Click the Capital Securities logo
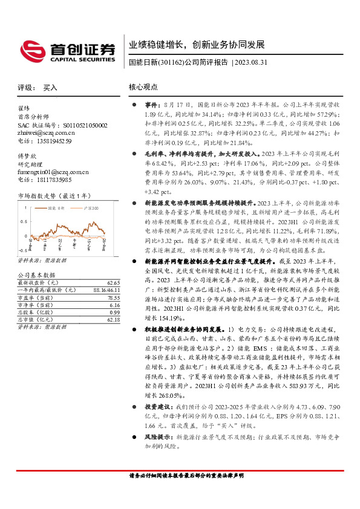point(67,50)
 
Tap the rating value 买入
point(50,88)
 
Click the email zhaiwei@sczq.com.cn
point(45,132)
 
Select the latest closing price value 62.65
point(113,282)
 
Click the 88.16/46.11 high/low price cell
point(107,290)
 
